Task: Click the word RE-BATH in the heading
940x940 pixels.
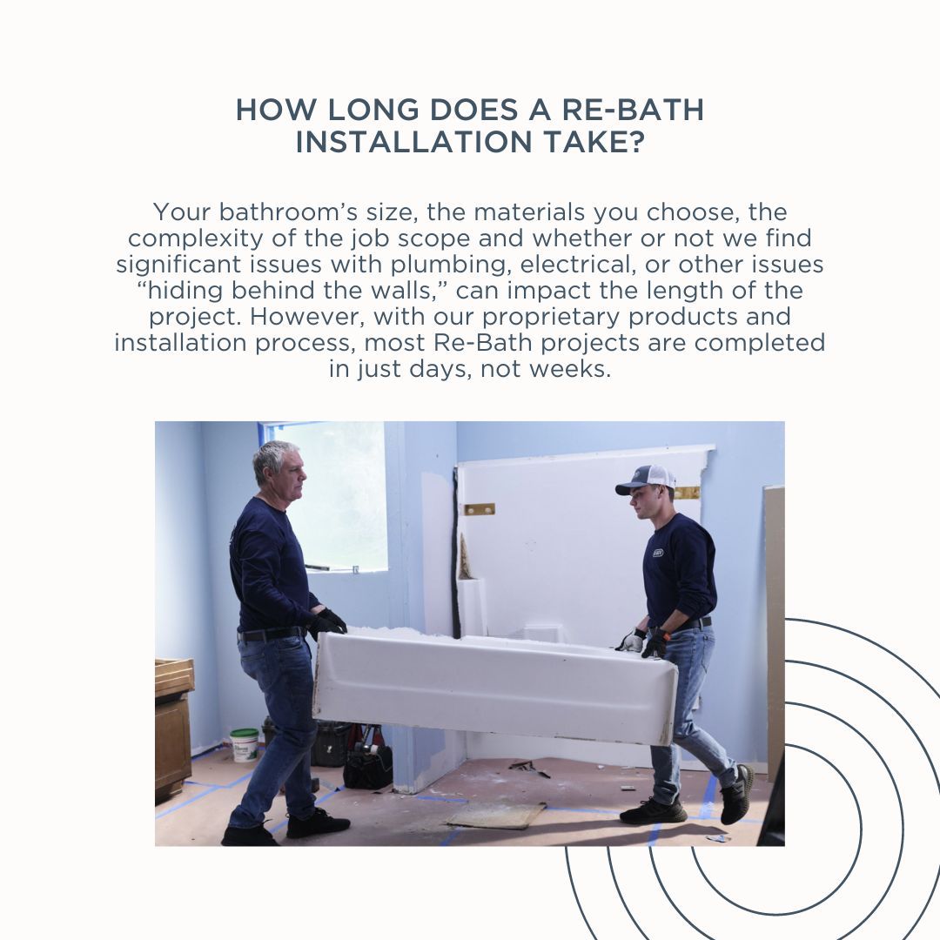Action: [633, 110]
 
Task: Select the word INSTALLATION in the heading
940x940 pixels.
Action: [414, 142]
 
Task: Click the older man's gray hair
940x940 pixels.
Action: [274, 459]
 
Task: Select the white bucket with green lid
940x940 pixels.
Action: [244, 744]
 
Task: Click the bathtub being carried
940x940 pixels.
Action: [495, 686]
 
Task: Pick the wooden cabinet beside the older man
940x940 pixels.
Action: [174, 729]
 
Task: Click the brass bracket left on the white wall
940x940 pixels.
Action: [479, 509]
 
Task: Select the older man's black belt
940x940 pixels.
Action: [272, 634]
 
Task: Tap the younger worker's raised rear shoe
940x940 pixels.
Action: [737, 795]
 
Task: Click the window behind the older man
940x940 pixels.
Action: [326, 496]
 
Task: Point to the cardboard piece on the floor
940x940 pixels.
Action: [496, 815]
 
